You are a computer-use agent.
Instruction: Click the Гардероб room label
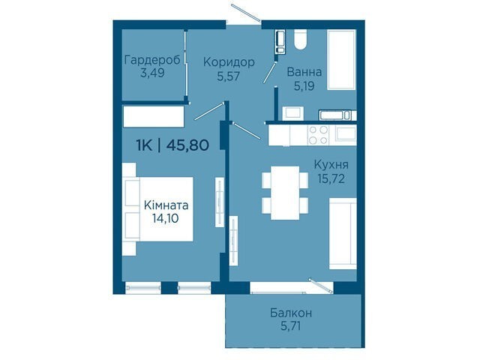click(x=152, y=60)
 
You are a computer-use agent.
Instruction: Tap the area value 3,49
click(x=152, y=73)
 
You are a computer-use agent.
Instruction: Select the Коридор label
click(x=229, y=62)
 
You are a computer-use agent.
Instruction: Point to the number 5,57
click(x=228, y=76)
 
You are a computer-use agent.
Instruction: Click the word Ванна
click(x=304, y=72)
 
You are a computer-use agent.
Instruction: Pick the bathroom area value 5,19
click(x=304, y=86)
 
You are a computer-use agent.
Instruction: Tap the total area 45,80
click(x=187, y=145)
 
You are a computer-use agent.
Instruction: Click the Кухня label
click(x=331, y=165)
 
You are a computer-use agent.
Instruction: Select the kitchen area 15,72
click(x=331, y=178)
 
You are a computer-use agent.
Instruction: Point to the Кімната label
click(x=166, y=205)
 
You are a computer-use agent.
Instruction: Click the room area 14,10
click(x=166, y=218)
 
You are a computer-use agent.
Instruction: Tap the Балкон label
click(x=291, y=313)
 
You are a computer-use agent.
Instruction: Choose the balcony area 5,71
click(x=291, y=326)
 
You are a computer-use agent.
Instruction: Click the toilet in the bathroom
click(x=300, y=40)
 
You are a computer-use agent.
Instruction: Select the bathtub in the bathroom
click(x=342, y=59)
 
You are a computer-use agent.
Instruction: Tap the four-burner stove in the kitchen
click(x=318, y=135)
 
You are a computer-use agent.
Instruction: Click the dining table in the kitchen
click(x=285, y=193)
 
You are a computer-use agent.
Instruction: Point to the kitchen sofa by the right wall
click(x=343, y=233)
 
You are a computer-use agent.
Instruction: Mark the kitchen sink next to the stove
click(x=346, y=133)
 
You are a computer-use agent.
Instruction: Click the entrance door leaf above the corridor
click(x=246, y=13)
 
